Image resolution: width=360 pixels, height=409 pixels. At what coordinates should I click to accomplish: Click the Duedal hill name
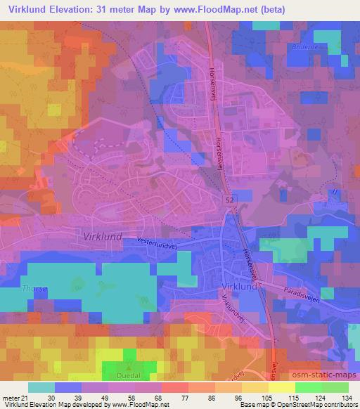[x=128, y=375]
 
